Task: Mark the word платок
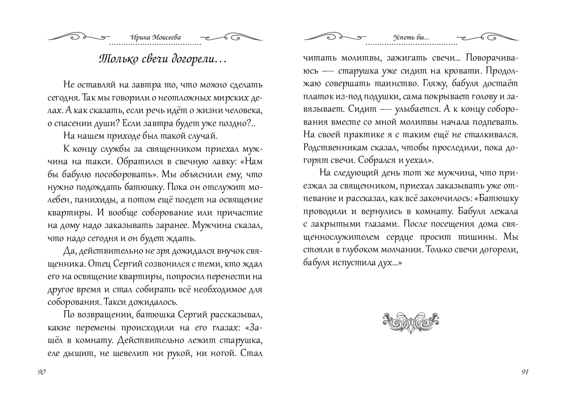tap(317, 97)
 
